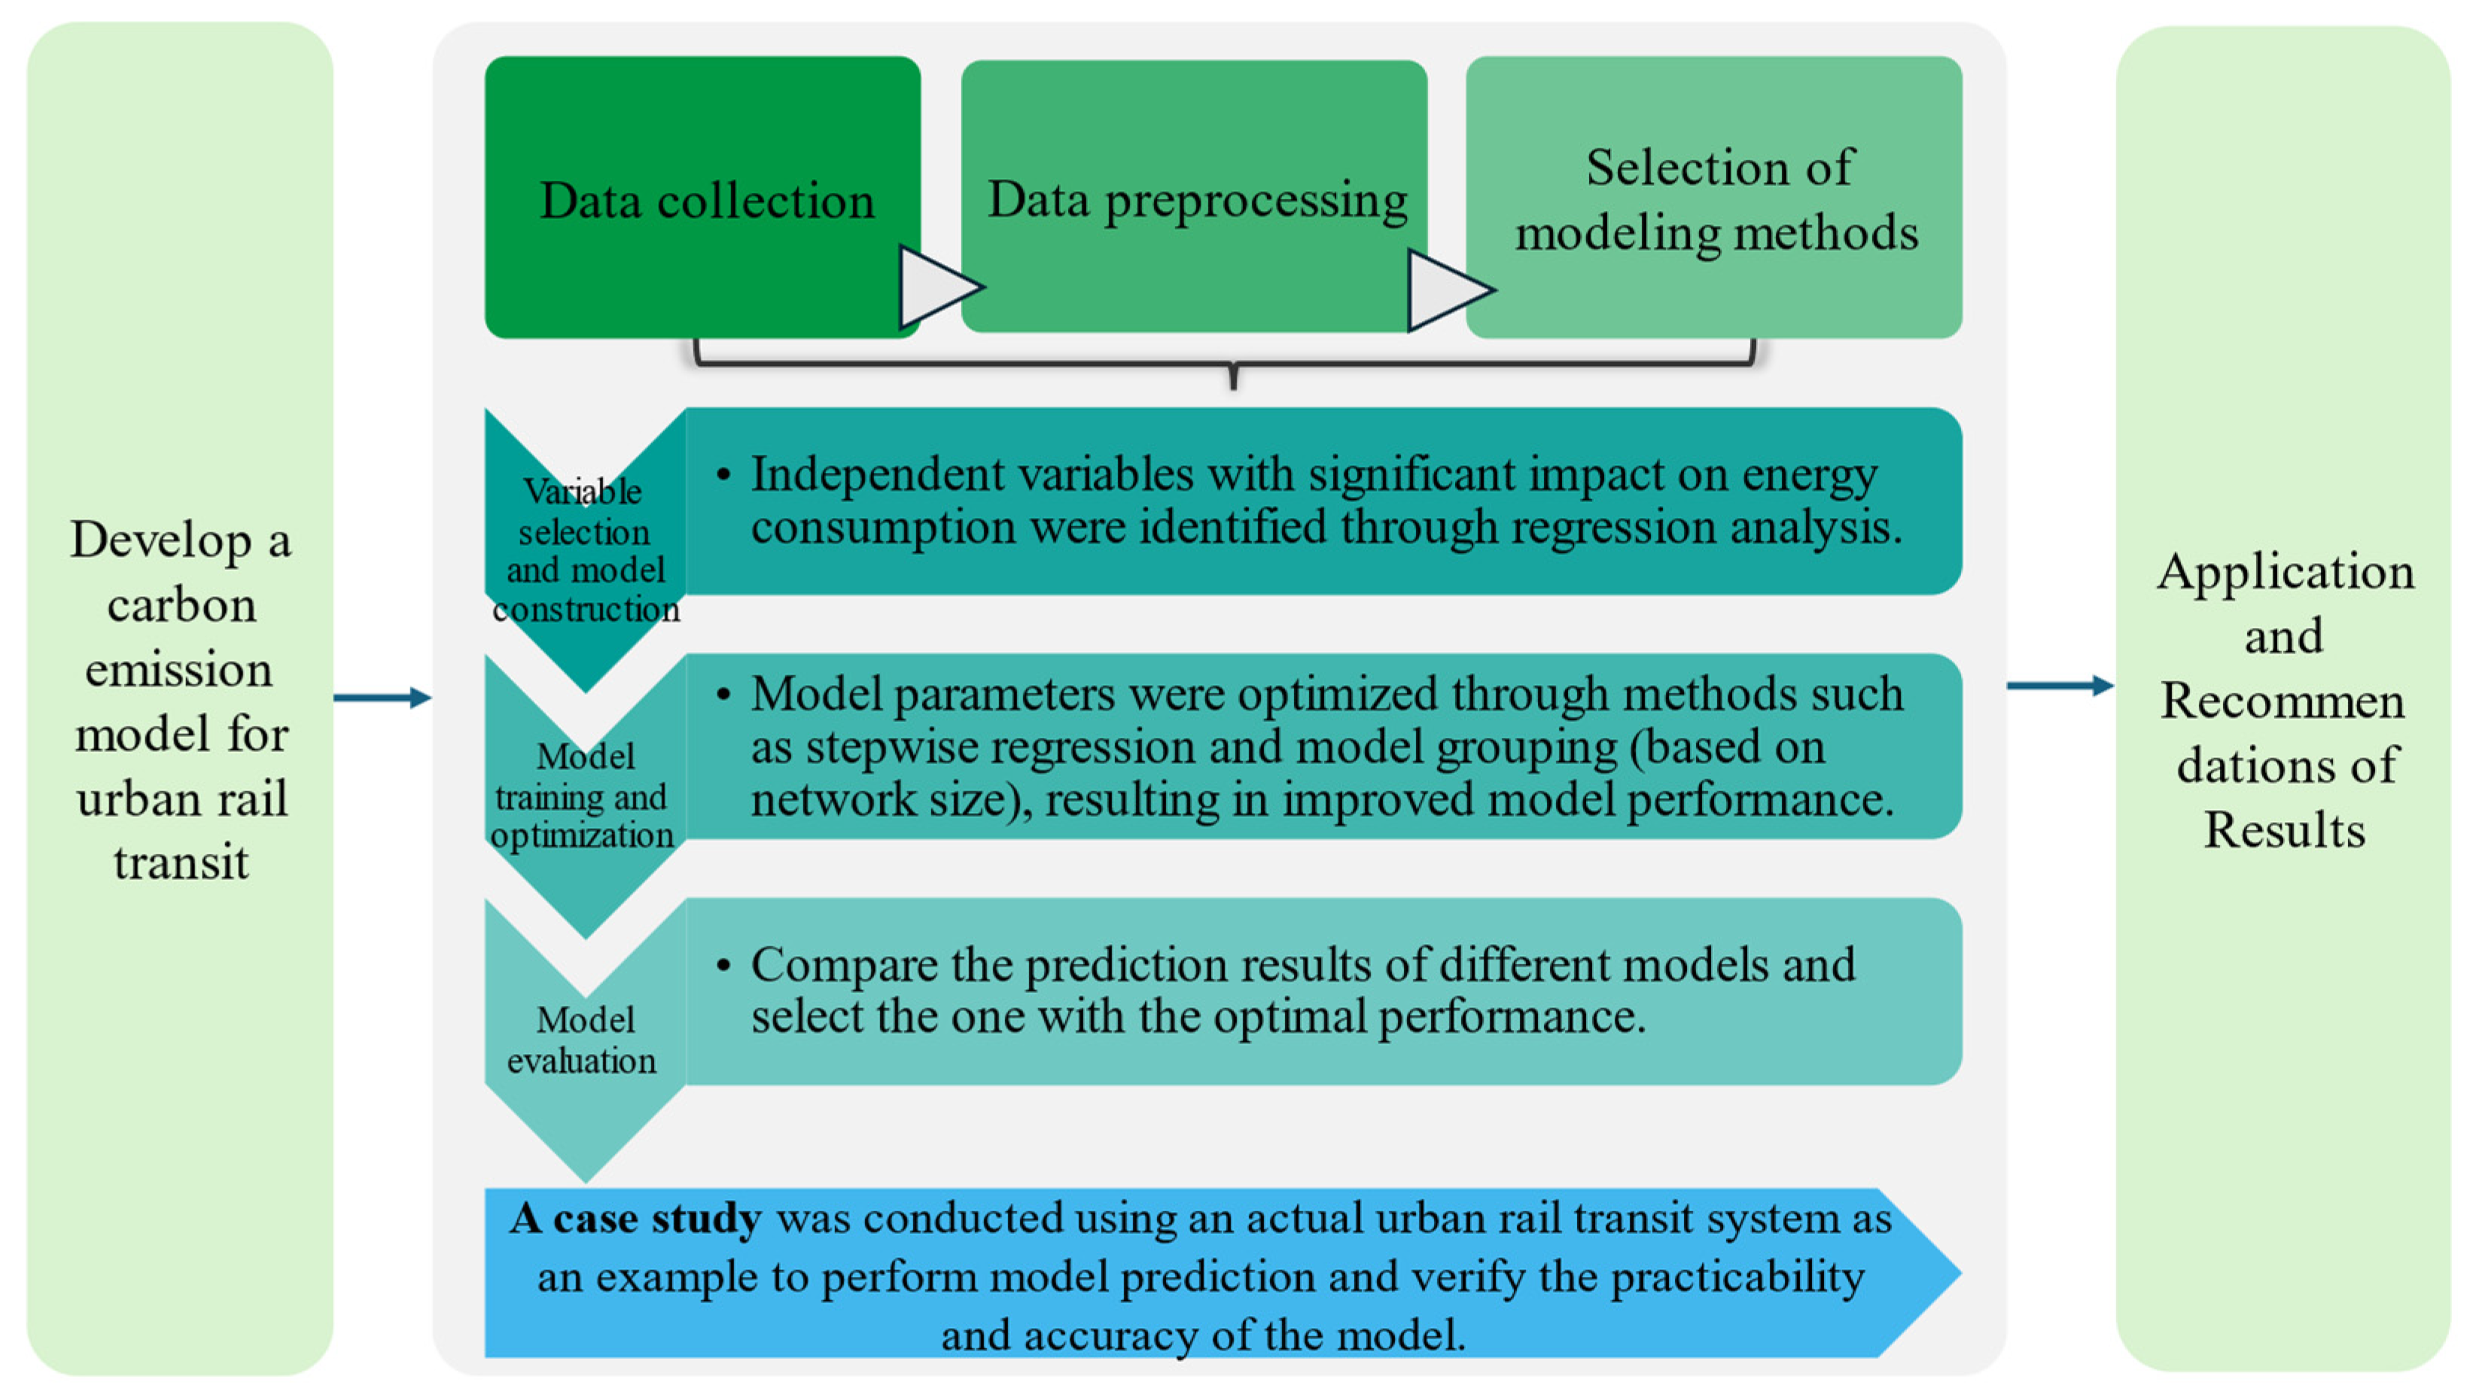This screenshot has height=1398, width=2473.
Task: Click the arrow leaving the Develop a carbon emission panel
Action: coord(382,697)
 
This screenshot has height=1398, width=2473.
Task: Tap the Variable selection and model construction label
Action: coord(585,550)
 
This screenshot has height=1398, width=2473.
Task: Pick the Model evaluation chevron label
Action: coord(583,1040)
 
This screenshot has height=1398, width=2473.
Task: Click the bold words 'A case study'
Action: coord(635,1218)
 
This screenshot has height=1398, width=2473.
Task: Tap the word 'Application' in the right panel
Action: coord(2285,571)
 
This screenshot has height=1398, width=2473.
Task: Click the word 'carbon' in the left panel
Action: coord(181,606)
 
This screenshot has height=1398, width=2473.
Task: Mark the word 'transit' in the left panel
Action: coord(181,862)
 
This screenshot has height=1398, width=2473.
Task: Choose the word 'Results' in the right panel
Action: coord(2284,830)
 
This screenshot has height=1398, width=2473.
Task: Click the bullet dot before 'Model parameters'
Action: coord(724,694)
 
